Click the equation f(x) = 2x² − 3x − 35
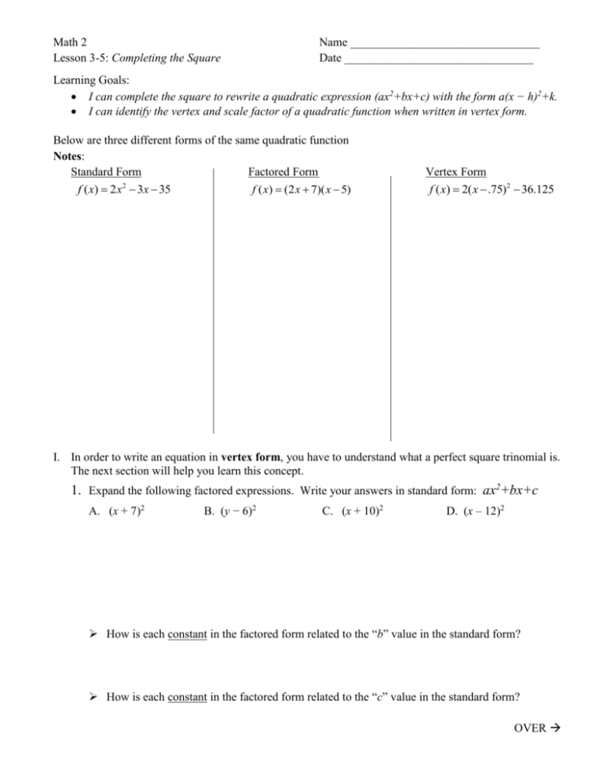[120, 189]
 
